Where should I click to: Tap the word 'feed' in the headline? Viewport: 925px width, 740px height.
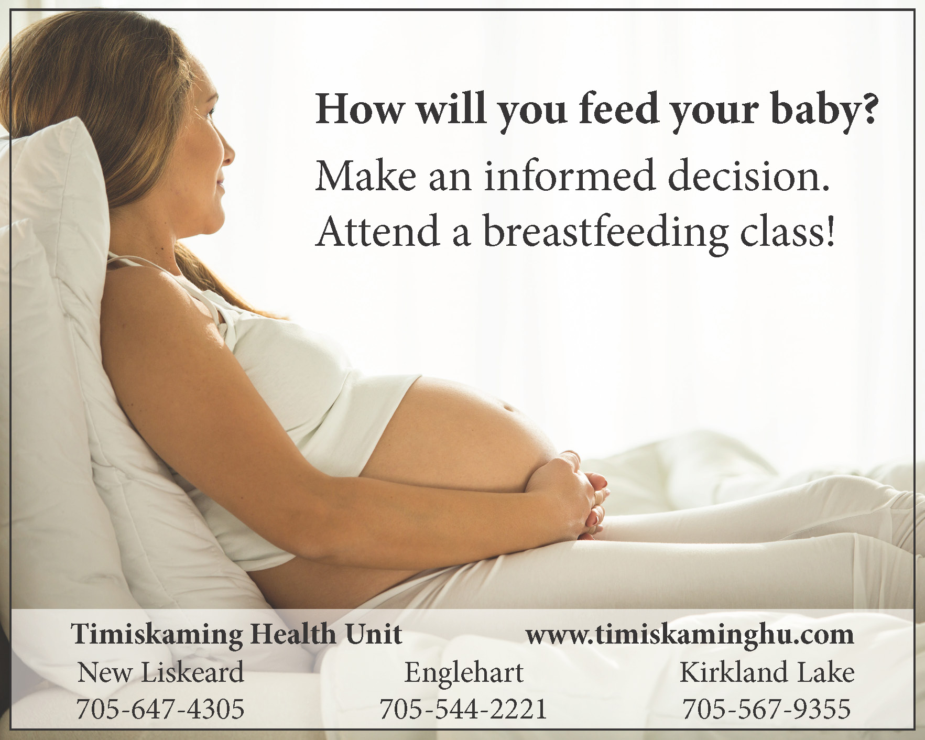point(619,108)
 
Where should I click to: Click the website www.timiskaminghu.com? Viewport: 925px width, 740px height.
point(690,635)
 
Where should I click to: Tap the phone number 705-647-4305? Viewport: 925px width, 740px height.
point(160,709)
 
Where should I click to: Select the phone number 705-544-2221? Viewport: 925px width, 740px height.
point(463,709)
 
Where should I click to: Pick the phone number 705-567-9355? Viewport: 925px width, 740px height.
point(766,709)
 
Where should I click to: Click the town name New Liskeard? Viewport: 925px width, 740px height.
point(161,672)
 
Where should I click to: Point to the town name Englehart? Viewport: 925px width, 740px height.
point(464,673)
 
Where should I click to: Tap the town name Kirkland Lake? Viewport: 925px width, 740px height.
point(767,672)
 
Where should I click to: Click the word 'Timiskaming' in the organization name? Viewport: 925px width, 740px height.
point(157,635)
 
